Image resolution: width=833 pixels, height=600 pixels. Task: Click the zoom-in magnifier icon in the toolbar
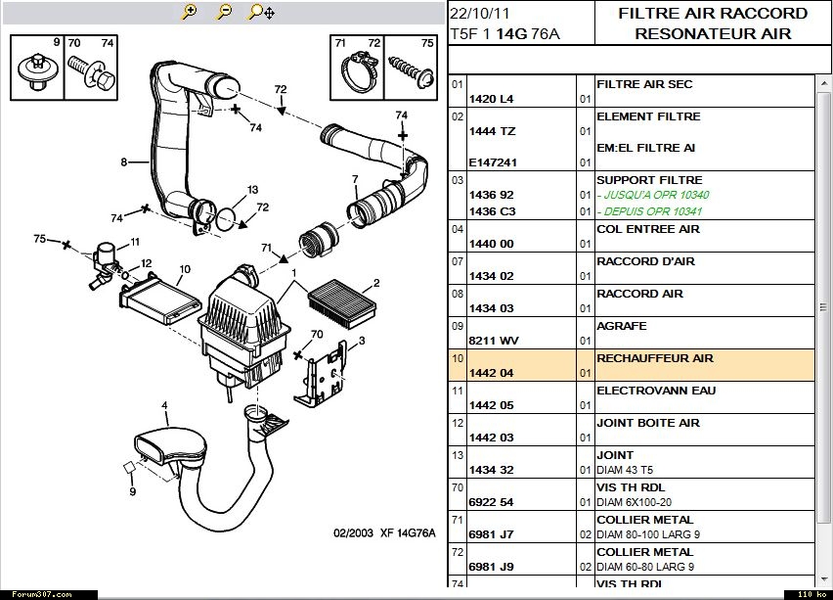tap(189, 11)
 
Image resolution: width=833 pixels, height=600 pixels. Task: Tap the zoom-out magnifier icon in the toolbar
tap(225, 11)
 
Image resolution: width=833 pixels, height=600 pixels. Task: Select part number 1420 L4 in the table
tap(492, 99)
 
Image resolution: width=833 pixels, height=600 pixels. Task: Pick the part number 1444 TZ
tap(492, 131)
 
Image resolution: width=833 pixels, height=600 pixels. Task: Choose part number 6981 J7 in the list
tap(492, 534)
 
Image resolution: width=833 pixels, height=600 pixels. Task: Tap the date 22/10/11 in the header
tap(480, 14)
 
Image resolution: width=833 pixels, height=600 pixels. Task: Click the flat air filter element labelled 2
tap(342, 305)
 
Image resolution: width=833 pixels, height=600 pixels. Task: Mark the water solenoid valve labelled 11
tap(103, 261)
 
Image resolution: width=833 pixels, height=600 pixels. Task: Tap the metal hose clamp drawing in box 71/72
tap(359, 71)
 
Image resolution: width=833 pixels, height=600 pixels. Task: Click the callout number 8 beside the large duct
tap(124, 162)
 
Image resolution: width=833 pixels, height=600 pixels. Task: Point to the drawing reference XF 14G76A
tap(408, 533)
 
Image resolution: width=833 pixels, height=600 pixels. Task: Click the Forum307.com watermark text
tap(42, 595)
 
